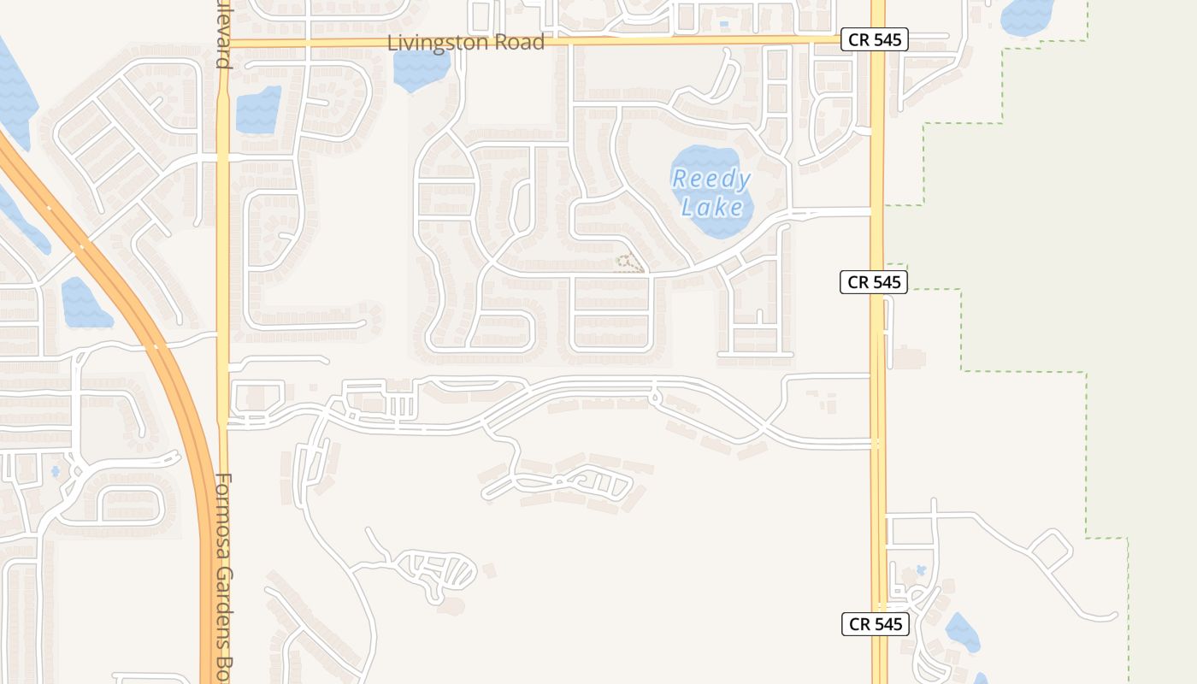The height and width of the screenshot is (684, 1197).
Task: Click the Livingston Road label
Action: pos(466,43)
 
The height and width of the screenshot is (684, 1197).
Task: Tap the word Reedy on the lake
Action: pos(711,180)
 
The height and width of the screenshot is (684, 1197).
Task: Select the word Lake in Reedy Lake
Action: pos(711,206)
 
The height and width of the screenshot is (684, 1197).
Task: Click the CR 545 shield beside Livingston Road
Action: pos(873,39)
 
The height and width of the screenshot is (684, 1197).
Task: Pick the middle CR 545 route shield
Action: pos(873,281)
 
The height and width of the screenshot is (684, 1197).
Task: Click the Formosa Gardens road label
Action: pos(224,573)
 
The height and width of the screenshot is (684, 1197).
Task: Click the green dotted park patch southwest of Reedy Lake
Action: pos(629,263)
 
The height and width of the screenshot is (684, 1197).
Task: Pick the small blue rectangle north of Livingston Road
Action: pos(724,24)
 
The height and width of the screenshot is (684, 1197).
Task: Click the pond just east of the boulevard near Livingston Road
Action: pos(258,109)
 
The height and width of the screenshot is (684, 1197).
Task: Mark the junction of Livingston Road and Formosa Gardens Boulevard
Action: pos(224,43)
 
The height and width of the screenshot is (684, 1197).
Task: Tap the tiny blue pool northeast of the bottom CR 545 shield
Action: pos(921,569)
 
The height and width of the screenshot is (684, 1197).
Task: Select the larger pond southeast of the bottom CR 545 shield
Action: pos(962,633)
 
